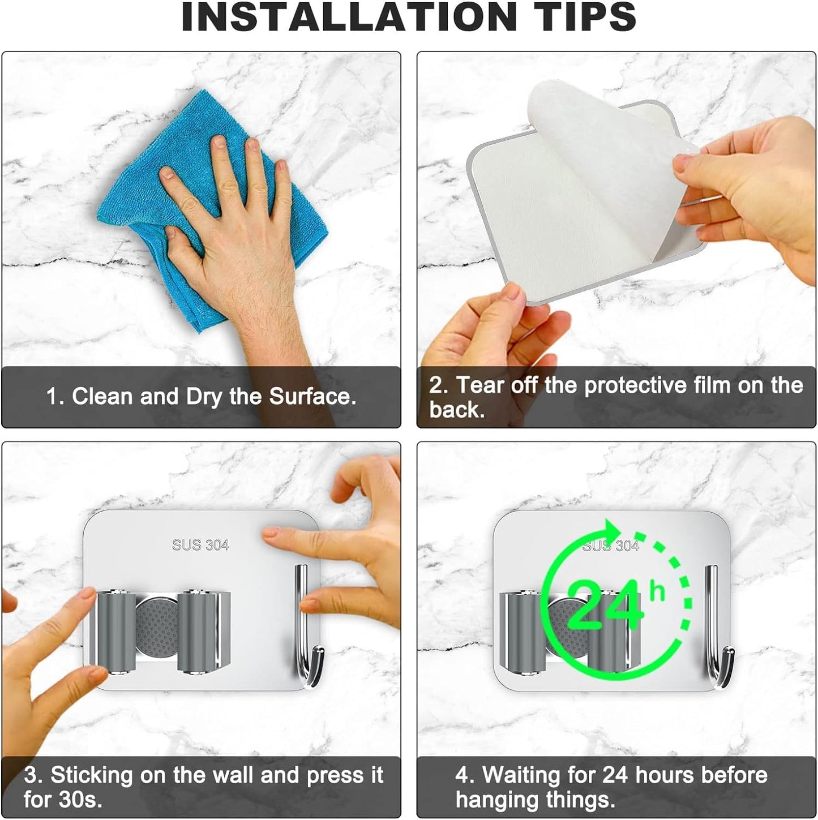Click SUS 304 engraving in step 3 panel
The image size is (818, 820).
tap(200, 545)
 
